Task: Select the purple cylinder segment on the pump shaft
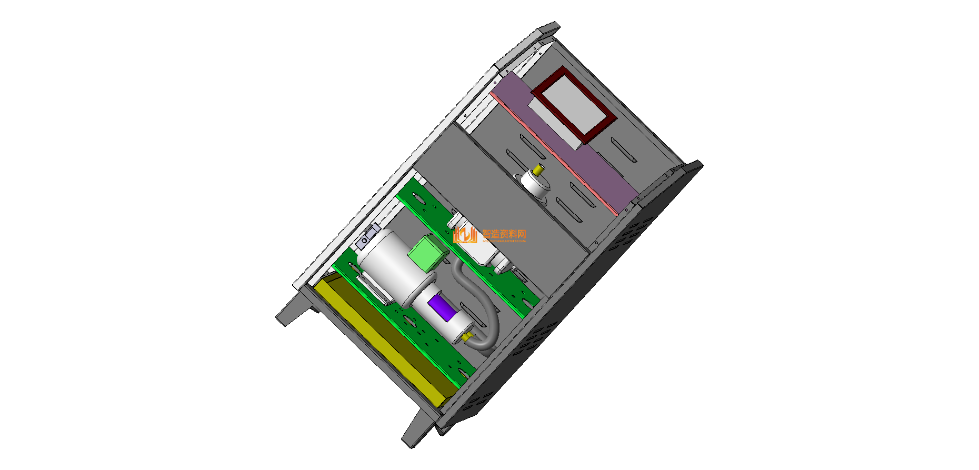(442, 307)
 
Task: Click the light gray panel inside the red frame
(574, 103)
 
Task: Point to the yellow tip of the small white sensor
(538, 170)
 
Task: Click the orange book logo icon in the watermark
(465, 235)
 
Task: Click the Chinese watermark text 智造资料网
(504, 234)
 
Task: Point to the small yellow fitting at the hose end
(467, 335)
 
